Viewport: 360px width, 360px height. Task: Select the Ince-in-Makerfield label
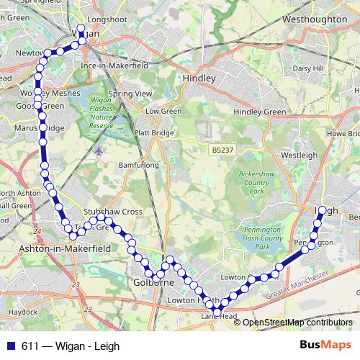pyautogui.click(x=114, y=65)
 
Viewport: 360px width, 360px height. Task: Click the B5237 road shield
pyautogui.click(x=224, y=148)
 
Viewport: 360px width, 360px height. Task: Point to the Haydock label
pyautogui.click(x=23, y=312)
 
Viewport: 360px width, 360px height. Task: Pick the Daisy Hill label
pyautogui.click(x=308, y=68)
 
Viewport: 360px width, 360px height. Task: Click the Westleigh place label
pyautogui.click(x=298, y=155)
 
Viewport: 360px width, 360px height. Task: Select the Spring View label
pyautogui.click(x=130, y=94)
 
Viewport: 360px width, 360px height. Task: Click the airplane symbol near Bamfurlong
pyautogui.click(x=99, y=151)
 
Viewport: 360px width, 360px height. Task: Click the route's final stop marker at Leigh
pyautogui.click(x=323, y=211)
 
